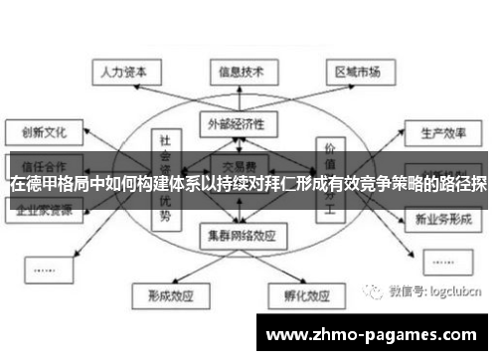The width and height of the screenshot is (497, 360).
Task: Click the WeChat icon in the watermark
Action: click(374, 291)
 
